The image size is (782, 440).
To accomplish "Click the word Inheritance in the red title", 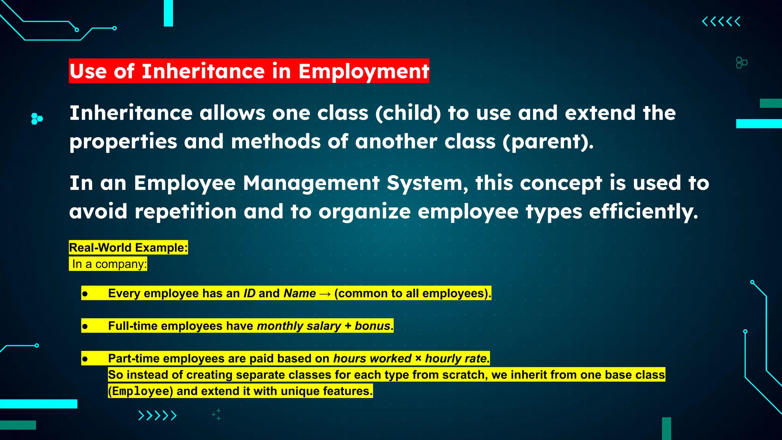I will [203, 71].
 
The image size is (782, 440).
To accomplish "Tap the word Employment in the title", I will [364, 71].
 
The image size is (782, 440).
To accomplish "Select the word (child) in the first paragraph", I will [408, 113].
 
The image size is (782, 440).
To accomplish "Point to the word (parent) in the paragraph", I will [548, 142].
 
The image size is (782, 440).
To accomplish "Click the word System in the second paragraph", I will [427, 183].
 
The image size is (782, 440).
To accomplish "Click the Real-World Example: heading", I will [128, 247].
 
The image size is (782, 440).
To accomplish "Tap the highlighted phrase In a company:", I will [109, 264].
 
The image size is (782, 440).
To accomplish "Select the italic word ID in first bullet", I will [249, 293].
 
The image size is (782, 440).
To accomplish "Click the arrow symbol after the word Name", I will [325, 294].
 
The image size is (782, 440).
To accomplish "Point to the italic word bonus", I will [372, 326].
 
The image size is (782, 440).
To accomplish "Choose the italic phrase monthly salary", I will [299, 326].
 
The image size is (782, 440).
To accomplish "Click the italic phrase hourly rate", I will [456, 358].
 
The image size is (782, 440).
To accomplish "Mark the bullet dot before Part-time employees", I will [85, 359].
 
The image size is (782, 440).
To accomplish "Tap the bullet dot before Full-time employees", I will [85, 327].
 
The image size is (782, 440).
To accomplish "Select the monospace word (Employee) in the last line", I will [141, 391].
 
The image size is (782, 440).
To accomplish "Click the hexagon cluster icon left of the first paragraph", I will [37, 119].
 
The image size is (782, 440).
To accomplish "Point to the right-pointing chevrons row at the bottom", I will [157, 415].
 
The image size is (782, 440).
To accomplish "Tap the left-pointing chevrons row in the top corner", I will [721, 21].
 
